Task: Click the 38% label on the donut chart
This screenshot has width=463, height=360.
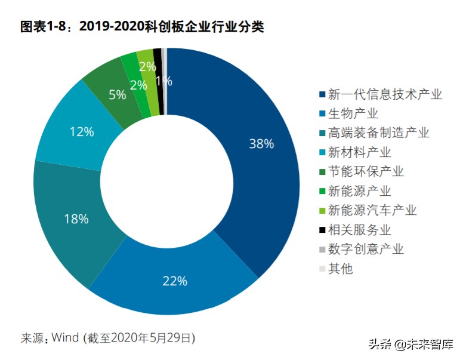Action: coord(261,144)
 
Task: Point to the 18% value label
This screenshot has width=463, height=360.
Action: coord(76,219)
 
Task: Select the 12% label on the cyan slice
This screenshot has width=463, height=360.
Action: coord(81,131)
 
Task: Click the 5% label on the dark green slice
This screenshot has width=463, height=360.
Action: coord(117,94)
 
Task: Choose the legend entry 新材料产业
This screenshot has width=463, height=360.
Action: coord(360,152)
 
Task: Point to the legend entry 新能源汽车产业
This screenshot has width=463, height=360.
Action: coord(372,210)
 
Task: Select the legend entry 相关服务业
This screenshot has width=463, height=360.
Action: coord(360,229)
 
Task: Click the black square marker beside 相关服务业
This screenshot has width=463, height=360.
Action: coord(322,230)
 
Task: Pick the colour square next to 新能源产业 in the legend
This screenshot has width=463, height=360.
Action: coord(322,191)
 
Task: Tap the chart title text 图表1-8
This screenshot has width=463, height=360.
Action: coord(42,27)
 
